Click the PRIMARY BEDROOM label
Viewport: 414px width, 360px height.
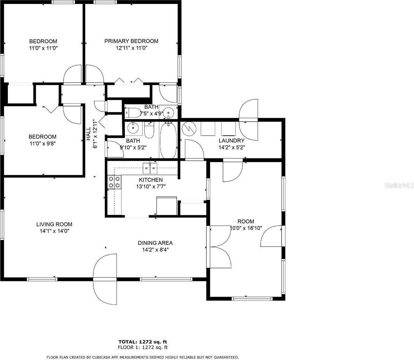131,41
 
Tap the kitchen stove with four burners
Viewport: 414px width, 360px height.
114,182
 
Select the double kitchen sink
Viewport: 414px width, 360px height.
151,168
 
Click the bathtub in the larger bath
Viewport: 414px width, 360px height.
169,140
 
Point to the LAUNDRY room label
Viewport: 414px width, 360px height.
231,140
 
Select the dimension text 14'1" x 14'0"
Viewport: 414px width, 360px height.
54,231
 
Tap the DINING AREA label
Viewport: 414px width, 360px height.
155,243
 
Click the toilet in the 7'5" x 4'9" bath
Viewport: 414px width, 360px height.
134,113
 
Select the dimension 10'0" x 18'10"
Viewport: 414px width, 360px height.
246,228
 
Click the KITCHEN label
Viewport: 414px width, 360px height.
150,180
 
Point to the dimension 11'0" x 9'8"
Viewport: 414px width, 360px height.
42,143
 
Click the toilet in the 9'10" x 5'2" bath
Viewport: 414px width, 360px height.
149,131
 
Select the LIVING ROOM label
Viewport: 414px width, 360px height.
54,224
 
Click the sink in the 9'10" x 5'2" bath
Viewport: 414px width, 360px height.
133,127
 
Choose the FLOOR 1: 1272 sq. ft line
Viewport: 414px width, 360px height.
143,347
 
